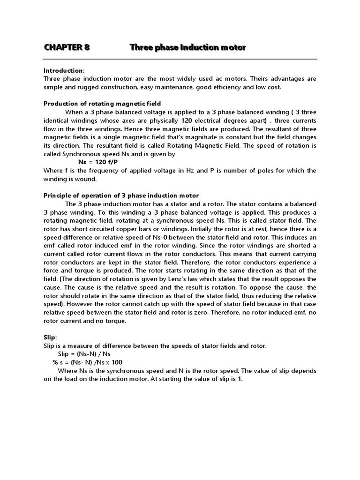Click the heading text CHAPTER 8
point(67,47)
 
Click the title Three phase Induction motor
point(187,47)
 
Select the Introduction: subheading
point(64,70)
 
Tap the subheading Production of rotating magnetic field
point(102,104)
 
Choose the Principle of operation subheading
point(121,195)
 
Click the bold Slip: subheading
point(51,337)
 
